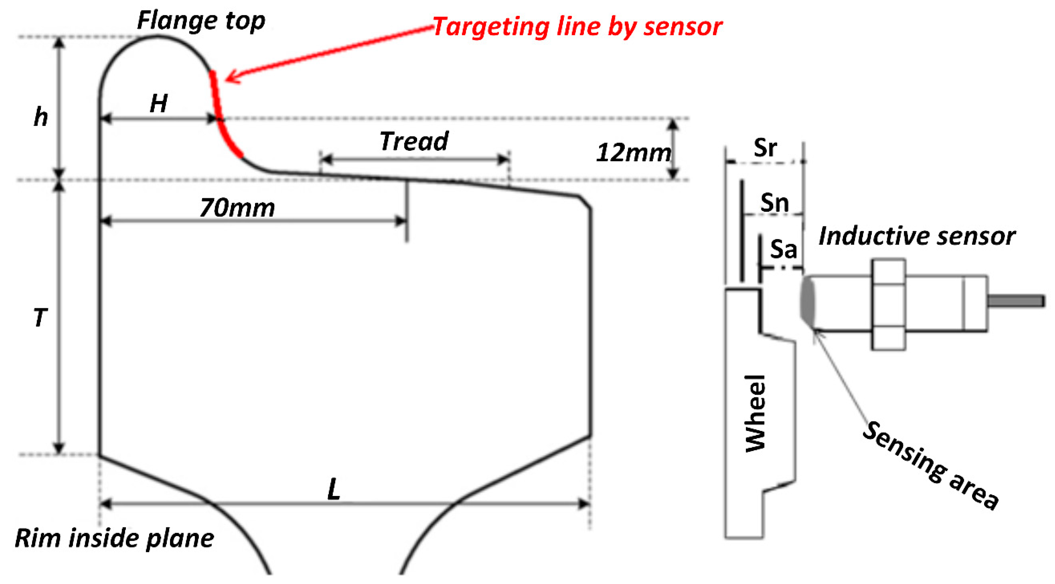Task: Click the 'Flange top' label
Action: pyautogui.click(x=201, y=21)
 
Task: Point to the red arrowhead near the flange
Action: pyautogui.click(x=232, y=77)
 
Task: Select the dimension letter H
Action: pyautogui.click(x=159, y=103)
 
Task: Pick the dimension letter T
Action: pyautogui.click(x=40, y=318)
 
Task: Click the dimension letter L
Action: pyautogui.click(x=334, y=489)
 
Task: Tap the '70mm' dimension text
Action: pyautogui.click(x=238, y=208)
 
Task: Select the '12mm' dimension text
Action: pyautogui.click(x=633, y=153)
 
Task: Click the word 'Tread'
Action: pyautogui.click(x=414, y=141)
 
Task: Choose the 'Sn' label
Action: pyautogui.click(x=774, y=203)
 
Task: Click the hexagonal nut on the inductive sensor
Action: pyautogui.click(x=888, y=304)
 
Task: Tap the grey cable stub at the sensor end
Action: pyautogui.click(x=1016, y=301)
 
